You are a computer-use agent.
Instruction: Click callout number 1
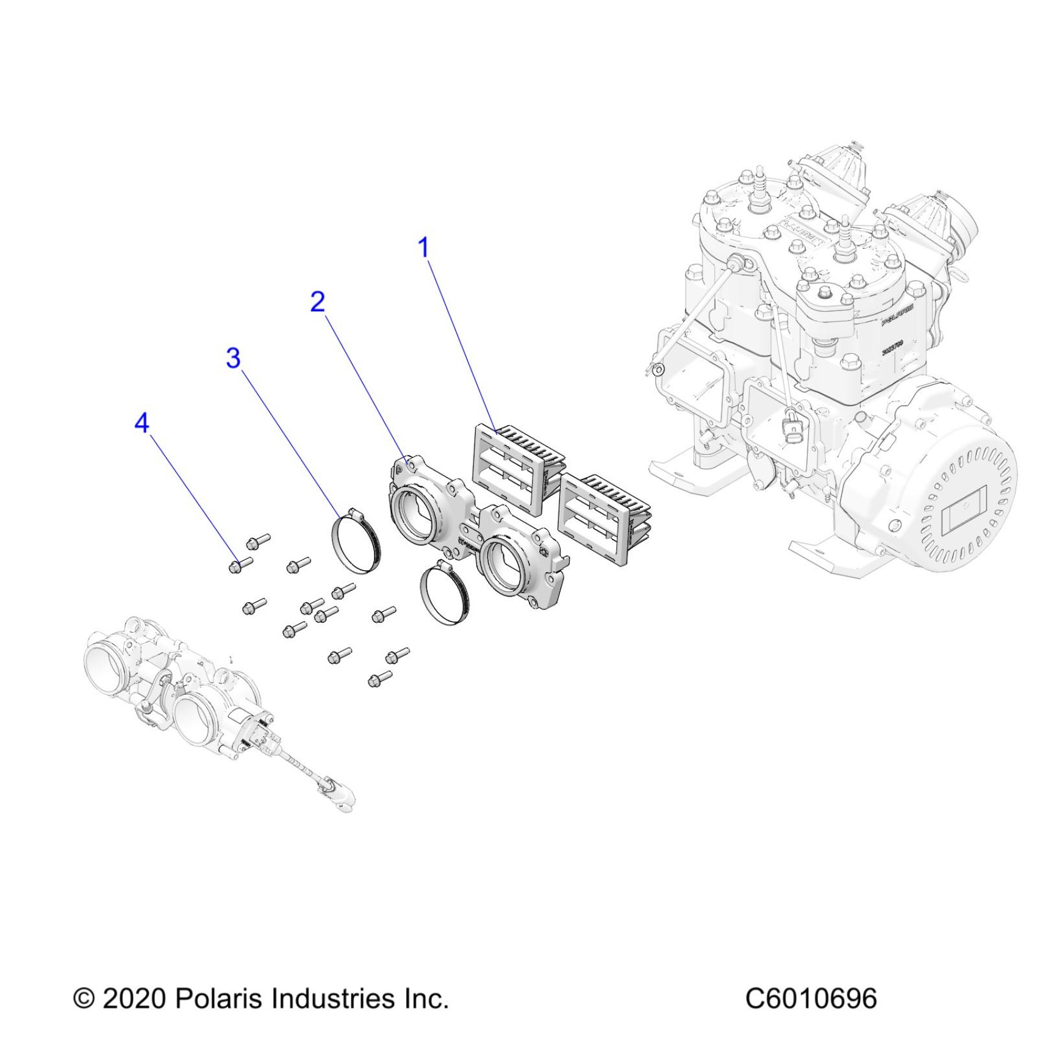click(423, 248)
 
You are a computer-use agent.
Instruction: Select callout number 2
click(318, 302)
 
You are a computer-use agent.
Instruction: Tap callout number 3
click(233, 358)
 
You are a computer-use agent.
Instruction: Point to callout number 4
click(142, 423)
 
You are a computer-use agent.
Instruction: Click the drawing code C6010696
click(811, 999)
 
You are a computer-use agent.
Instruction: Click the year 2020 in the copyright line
click(134, 999)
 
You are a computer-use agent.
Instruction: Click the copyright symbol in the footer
click(84, 999)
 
